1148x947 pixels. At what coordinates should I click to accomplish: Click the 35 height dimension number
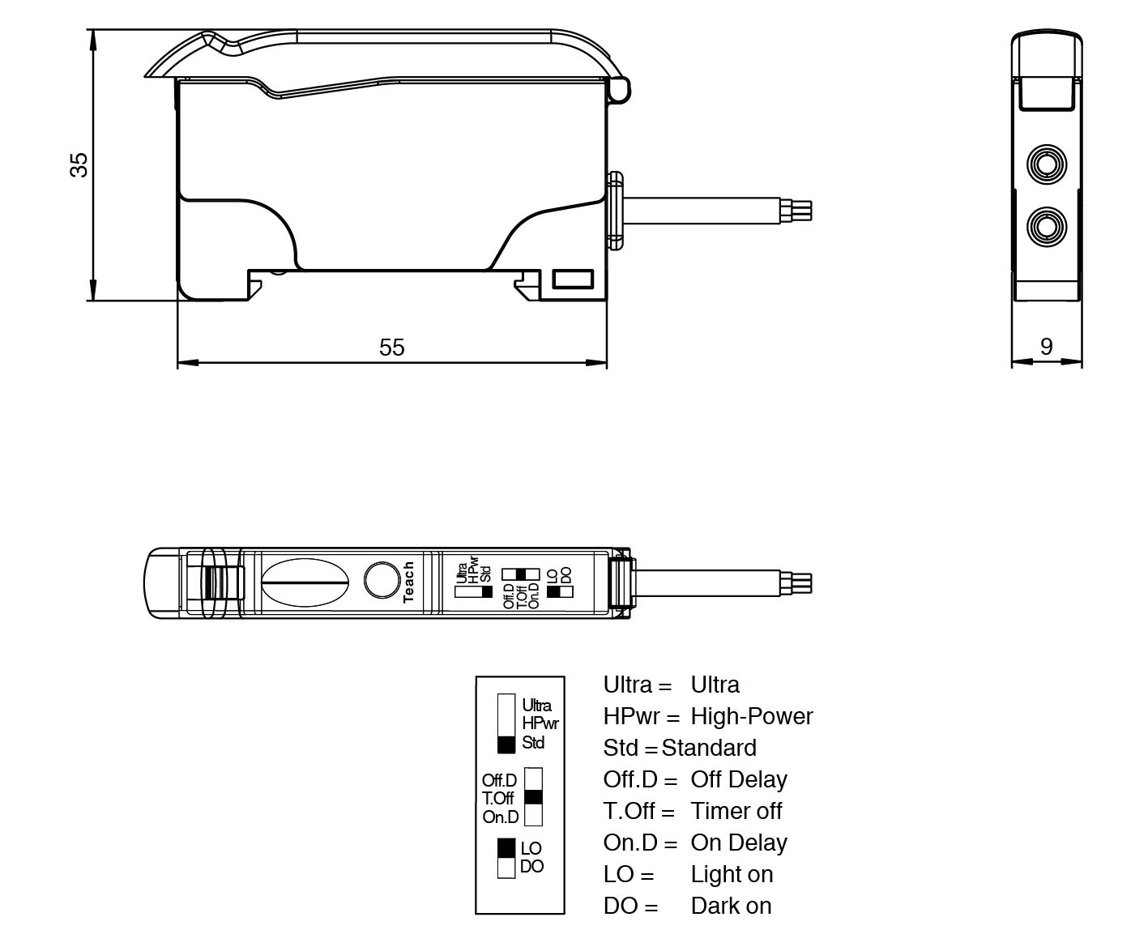[x=79, y=164]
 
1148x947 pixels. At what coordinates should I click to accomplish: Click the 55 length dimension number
[x=391, y=348]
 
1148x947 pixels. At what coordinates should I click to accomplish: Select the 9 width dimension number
[x=1046, y=347]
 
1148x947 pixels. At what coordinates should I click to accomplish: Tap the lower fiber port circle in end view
[x=1046, y=227]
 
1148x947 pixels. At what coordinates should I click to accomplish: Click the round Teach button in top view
[x=381, y=580]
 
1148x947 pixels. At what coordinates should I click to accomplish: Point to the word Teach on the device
[x=408, y=582]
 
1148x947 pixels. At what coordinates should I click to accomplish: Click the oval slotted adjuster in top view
[x=305, y=582]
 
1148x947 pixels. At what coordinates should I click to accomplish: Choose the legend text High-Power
[x=751, y=716]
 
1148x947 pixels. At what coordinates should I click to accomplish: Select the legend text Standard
[x=709, y=748]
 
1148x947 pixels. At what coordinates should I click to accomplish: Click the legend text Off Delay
[x=738, y=779]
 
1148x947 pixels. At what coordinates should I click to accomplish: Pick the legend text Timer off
[x=736, y=811]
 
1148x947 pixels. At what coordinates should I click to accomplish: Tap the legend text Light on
[x=732, y=874]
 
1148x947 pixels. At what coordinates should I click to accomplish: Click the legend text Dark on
[x=731, y=906]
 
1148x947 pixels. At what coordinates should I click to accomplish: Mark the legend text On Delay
[x=738, y=842]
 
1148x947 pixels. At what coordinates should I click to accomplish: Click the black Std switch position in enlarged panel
[x=506, y=744]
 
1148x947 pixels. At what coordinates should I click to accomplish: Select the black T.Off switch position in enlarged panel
[x=533, y=797]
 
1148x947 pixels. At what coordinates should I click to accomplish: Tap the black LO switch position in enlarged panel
[x=506, y=847]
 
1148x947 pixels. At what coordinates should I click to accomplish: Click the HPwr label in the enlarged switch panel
[x=540, y=723]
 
